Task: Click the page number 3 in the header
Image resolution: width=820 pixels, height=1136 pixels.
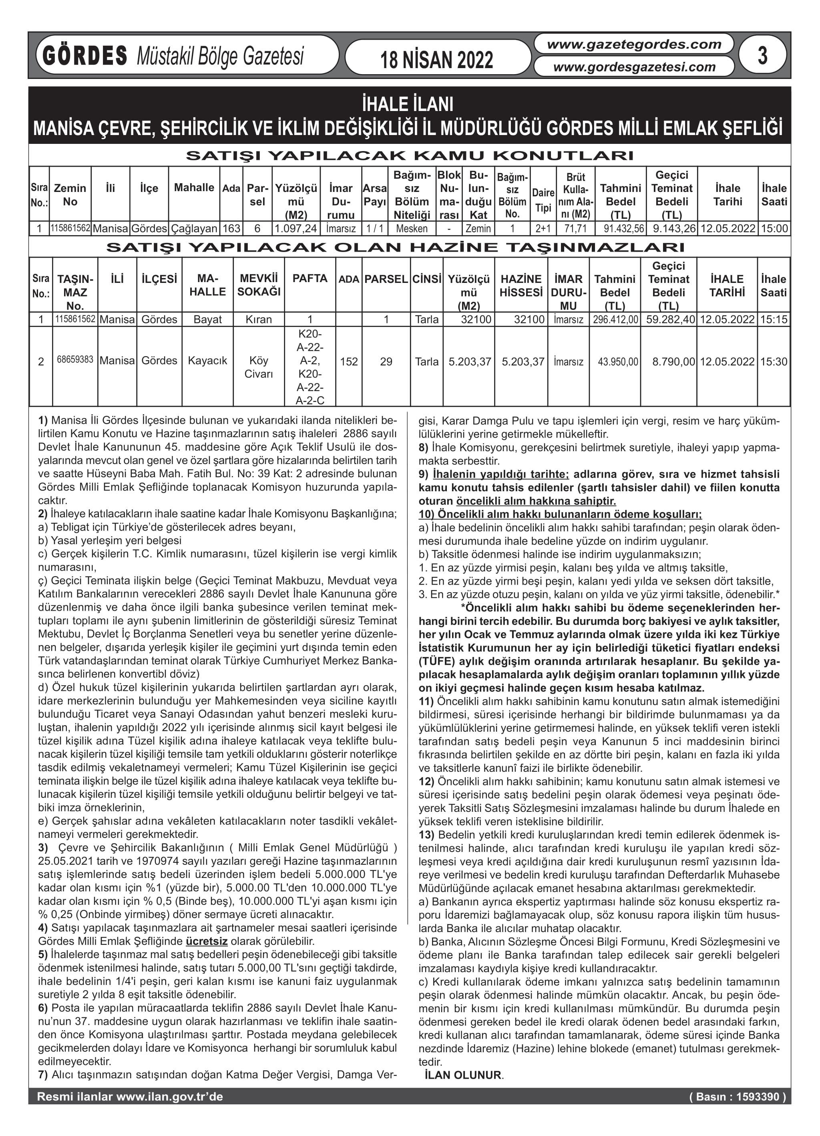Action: [x=762, y=56]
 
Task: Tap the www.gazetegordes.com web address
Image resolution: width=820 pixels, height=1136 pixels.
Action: [x=634, y=44]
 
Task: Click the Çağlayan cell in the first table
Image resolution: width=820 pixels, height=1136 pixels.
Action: [x=194, y=229]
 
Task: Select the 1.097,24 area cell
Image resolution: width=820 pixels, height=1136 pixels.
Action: [x=296, y=229]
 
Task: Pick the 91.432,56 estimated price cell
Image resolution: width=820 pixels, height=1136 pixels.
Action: [x=620, y=229]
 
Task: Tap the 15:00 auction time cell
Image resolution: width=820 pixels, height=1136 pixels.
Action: [x=774, y=229]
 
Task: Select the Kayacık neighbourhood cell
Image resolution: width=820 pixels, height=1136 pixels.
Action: [x=207, y=361]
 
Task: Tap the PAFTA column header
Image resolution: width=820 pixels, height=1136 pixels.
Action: [x=310, y=279]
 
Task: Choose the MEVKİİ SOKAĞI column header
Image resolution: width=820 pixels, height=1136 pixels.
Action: [x=258, y=285]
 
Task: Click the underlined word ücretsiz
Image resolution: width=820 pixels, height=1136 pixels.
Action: [x=206, y=941]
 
